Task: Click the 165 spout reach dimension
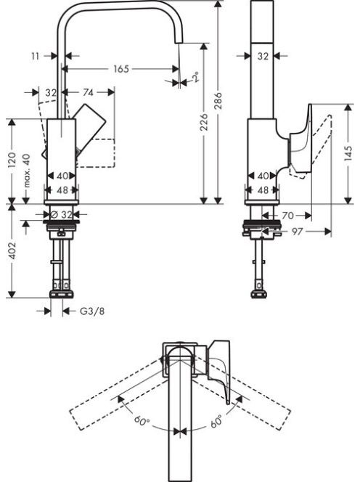point(121,69)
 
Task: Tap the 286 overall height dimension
point(218,100)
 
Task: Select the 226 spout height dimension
point(204,122)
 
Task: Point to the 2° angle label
point(195,76)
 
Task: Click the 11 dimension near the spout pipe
point(36,56)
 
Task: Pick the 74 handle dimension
point(88,92)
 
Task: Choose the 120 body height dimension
point(12,160)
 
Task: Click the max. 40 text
point(27,171)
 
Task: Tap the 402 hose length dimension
point(12,250)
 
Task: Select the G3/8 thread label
point(92,311)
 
